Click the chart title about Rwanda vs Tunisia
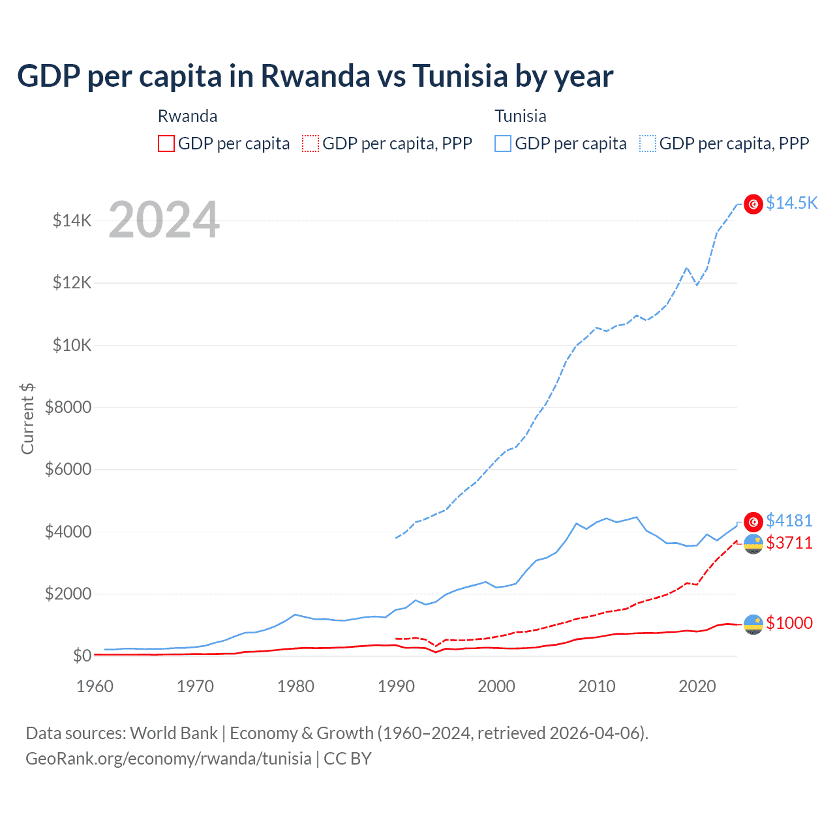(314, 76)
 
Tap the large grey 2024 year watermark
(164, 220)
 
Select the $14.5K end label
(791, 204)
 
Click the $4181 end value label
(789, 521)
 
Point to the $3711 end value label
(789, 543)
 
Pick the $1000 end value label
(789, 623)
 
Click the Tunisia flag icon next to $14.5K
(753, 204)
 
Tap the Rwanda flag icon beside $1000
(753, 624)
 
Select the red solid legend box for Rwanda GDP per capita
(166, 144)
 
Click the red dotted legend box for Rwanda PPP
(311, 144)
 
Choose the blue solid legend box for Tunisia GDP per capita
(503, 144)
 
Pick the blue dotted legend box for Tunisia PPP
(648, 144)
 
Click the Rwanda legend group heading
(187, 116)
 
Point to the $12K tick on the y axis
(72, 283)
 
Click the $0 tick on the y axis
(82, 656)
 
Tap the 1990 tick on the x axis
(396, 686)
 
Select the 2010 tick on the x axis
(597, 686)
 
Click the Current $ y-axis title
(27, 419)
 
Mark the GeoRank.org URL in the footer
(168, 759)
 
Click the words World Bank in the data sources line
(174, 733)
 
